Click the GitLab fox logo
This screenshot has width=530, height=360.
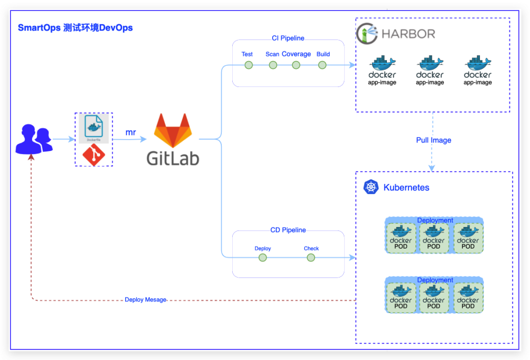point(173,130)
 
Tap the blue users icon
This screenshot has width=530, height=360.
point(34,139)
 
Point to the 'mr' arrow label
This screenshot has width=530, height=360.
point(130,132)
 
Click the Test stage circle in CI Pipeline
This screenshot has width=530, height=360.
point(249,65)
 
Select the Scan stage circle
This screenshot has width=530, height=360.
point(273,65)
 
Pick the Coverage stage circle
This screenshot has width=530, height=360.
point(296,65)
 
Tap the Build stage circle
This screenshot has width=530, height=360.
point(322,65)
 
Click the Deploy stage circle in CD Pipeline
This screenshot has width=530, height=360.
point(263,257)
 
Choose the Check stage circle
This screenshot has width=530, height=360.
point(311,257)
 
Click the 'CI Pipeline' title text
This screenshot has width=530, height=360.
point(288,38)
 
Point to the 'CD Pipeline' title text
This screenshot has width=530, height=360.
point(288,230)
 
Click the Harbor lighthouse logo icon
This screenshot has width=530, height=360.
point(367,34)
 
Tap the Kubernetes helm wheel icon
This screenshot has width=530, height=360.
point(371,187)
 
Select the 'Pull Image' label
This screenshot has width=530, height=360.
point(433,140)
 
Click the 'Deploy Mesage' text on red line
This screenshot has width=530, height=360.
point(146,300)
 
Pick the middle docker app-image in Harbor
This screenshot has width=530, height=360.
point(430,70)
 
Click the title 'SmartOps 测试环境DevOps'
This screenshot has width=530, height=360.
point(76,27)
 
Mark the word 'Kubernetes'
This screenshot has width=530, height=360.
point(406,187)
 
